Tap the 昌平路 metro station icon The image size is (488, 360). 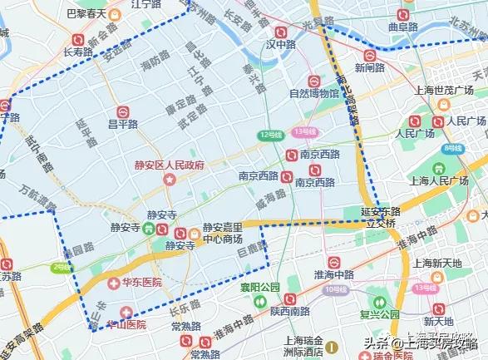coord(122,110)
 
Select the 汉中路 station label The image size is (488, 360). coord(277,43)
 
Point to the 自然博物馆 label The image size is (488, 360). coord(314,94)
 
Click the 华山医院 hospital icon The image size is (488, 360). coord(126,311)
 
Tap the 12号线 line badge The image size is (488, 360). coord(270,134)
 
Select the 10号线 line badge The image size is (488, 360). coord(336,289)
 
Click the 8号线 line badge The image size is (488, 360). coord(451,147)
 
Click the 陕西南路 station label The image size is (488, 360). coord(290,312)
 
